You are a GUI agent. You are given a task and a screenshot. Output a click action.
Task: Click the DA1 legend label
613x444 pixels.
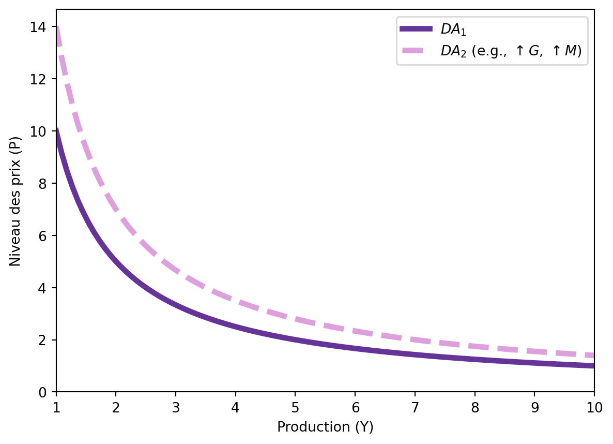click(x=453, y=30)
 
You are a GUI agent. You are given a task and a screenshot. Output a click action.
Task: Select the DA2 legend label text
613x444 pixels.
click(x=511, y=51)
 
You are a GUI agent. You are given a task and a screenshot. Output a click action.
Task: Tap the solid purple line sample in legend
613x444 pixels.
click(x=416, y=29)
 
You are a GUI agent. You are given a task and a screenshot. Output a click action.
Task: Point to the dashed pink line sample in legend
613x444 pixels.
click(x=416, y=51)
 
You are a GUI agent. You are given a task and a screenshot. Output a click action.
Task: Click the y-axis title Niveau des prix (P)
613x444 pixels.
click(x=16, y=201)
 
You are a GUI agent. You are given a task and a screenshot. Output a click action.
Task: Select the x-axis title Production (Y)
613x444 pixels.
click(x=325, y=427)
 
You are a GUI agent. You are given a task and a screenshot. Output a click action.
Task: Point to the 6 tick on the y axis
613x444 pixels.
click(x=45, y=235)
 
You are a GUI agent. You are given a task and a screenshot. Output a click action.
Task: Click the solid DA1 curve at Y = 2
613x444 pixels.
click(x=116, y=262)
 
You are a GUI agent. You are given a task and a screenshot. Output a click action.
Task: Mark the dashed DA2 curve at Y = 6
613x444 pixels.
click(x=355, y=331)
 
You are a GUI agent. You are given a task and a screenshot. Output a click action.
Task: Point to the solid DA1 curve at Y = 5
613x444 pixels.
click(x=295, y=340)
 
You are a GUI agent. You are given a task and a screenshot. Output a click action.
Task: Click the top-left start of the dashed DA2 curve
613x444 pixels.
click(x=57, y=28)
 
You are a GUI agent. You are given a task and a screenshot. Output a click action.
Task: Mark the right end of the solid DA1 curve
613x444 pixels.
click(x=593, y=366)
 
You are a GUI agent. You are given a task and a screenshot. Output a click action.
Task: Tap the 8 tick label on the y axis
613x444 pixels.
click(x=45, y=184)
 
